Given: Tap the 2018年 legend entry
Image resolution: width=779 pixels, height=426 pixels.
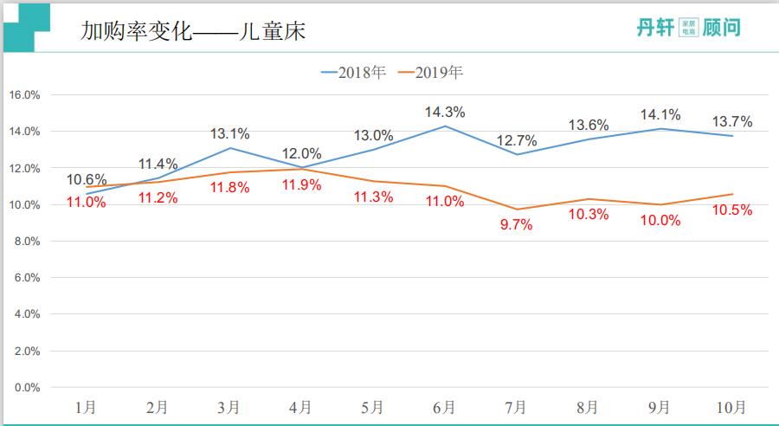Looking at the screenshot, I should click(354, 72).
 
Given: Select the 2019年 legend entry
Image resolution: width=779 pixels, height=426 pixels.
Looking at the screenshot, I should click(430, 72).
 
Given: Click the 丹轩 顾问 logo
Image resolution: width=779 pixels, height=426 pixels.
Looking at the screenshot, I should click(688, 28).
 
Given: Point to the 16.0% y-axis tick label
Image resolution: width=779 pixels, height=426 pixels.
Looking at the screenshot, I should click(24, 95).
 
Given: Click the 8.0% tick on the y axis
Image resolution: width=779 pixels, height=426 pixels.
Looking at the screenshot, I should click(27, 242).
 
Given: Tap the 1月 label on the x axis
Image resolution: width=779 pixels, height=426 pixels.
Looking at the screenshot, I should click(86, 407).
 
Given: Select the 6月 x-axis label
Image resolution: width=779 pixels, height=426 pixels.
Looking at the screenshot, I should click(445, 407).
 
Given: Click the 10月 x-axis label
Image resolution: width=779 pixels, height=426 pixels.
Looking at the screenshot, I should click(731, 407).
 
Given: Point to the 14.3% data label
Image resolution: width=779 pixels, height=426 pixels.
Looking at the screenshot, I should click(445, 112).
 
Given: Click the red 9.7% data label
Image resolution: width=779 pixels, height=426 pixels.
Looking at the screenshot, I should click(517, 225).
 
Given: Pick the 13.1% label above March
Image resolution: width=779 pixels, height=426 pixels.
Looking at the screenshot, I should click(230, 133).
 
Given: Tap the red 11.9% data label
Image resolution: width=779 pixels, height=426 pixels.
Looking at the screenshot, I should click(302, 184).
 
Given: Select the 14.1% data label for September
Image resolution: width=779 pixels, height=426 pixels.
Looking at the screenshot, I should click(660, 114).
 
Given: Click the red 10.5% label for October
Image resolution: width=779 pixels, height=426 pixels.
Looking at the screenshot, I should click(733, 210).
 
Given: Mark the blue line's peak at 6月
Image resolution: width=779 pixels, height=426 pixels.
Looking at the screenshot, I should click(445, 126).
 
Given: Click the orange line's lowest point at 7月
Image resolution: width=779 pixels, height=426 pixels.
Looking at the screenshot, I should click(517, 210).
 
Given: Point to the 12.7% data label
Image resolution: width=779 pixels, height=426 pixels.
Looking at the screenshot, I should click(517, 140).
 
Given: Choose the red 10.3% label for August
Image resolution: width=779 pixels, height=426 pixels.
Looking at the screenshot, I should click(589, 215).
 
